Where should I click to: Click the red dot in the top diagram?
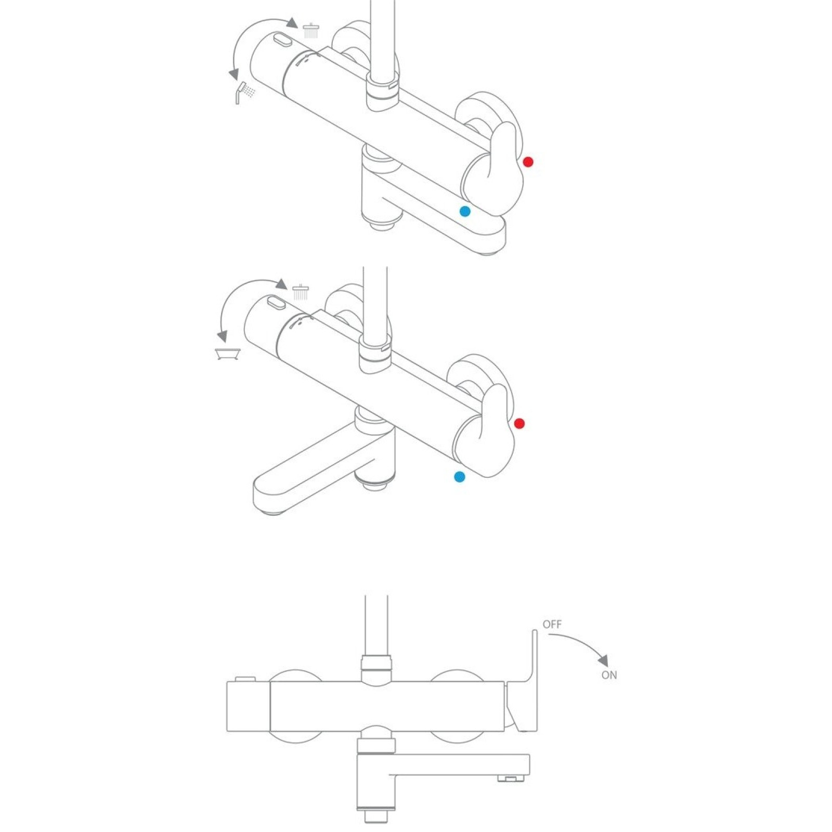528,162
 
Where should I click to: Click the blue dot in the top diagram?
465,211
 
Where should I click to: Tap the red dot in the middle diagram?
519,423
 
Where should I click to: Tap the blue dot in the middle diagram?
460,476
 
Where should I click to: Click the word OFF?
552,624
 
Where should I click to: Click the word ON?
609,675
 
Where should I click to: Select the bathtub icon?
228,354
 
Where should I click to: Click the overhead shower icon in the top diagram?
311,30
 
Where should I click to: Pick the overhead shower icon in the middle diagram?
301,292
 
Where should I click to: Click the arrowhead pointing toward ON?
603,660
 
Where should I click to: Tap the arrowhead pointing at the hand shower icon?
235,74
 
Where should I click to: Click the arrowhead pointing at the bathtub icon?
223,336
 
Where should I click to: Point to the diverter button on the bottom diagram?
245,679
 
